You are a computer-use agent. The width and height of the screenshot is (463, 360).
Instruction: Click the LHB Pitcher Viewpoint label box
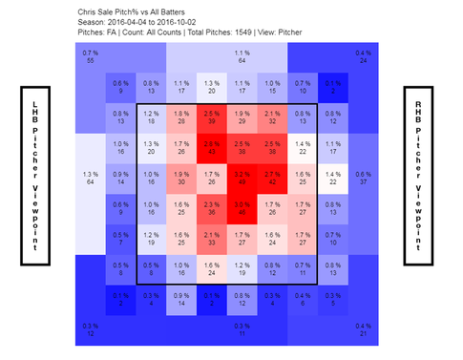tap(36, 177)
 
